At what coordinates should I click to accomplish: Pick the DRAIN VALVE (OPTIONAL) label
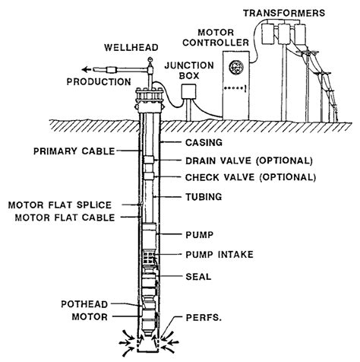click(x=248, y=160)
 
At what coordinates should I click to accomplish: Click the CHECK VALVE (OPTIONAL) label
click(x=250, y=177)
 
